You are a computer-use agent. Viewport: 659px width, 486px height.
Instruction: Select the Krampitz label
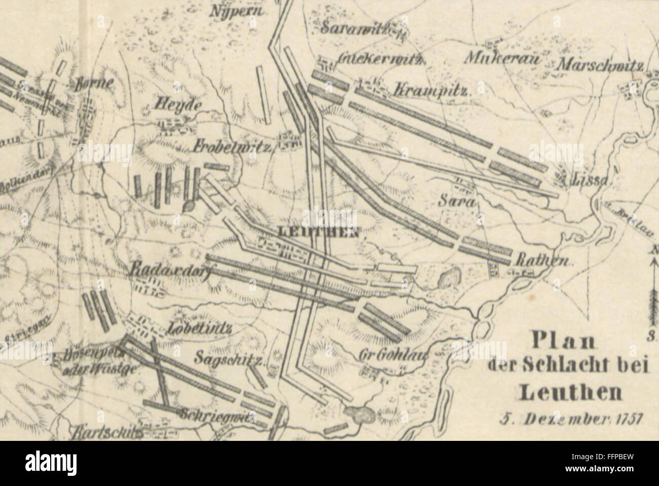click(x=432, y=91)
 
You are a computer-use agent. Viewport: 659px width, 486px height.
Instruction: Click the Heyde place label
click(x=178, y=106)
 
